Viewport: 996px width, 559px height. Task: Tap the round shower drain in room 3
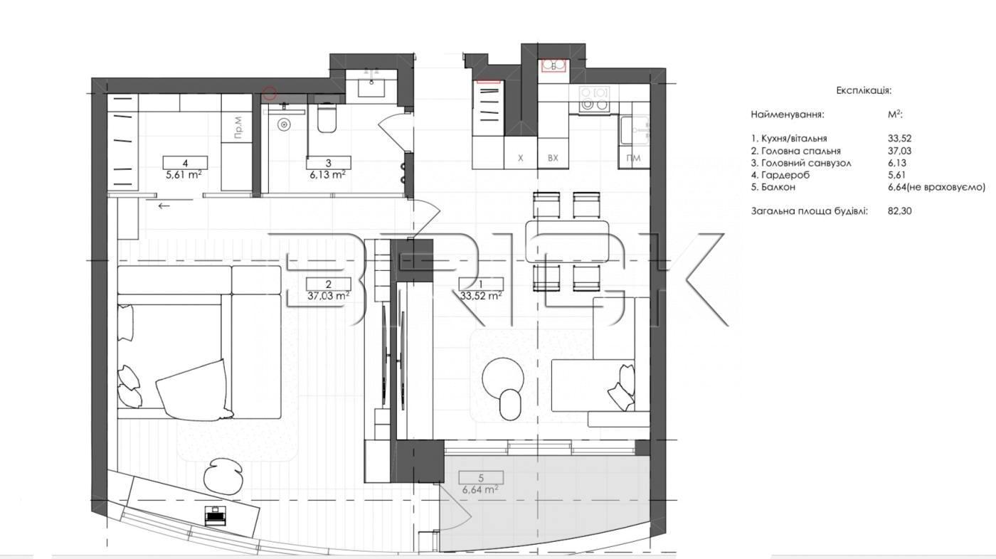283,125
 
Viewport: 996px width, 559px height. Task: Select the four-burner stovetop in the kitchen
594,99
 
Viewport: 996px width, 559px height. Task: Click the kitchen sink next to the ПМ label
634,130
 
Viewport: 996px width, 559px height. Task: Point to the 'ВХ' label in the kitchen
553,158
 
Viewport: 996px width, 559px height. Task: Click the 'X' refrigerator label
521,158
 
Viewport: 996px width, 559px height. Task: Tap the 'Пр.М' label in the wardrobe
238,127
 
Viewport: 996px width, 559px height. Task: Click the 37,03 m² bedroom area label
328,295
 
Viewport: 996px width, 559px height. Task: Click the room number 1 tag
481,284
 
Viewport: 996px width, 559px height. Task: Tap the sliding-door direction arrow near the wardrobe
164,206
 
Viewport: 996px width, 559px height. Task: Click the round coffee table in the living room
503,378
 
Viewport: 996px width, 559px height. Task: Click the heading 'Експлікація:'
864,90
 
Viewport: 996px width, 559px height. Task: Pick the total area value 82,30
899,211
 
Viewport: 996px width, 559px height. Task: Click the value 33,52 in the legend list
899,139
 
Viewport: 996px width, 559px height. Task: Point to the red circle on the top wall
270,94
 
